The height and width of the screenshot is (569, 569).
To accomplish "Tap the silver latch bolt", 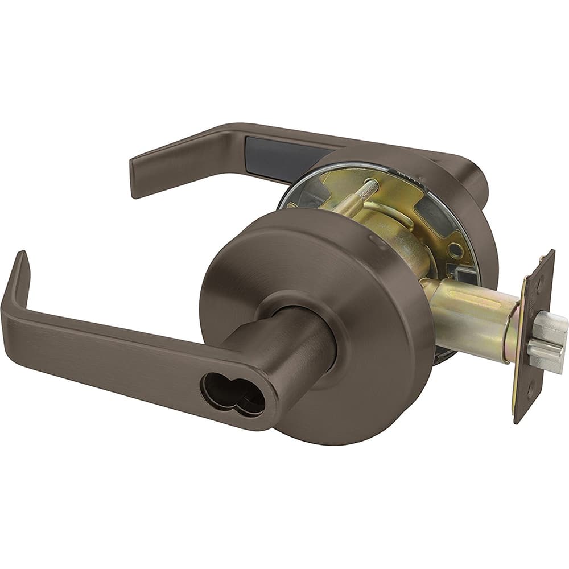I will pos(547,341).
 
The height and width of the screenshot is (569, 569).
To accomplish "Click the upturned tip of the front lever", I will pos(21,267).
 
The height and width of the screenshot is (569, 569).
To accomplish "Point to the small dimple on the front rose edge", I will pos(373,241).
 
